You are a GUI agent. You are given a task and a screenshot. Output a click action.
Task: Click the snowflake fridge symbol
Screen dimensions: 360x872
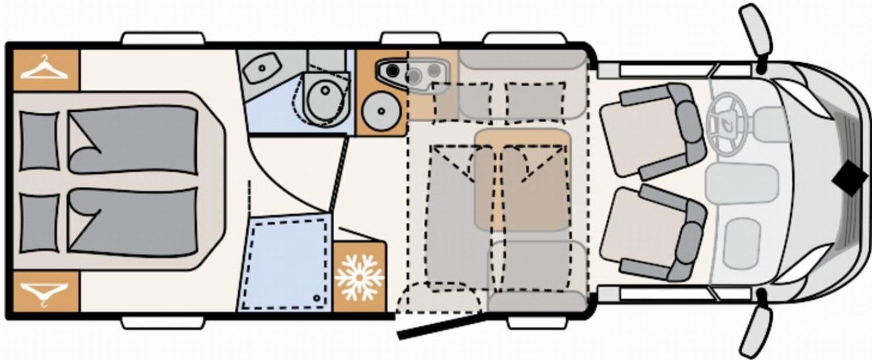pyautogui.click(x=359, y=277)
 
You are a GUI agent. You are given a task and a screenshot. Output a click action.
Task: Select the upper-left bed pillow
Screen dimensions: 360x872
pyautogui.click(x=39, y=140)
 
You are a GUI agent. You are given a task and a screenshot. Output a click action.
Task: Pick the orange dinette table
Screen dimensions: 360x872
pyautogui.click(x=522, y=179)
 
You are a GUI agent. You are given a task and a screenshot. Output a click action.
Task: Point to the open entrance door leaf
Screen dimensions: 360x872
pyautogui.click(x=441, y=326)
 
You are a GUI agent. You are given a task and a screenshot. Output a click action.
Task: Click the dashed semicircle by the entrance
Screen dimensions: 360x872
pyautogui.click(x=439, y=297)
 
